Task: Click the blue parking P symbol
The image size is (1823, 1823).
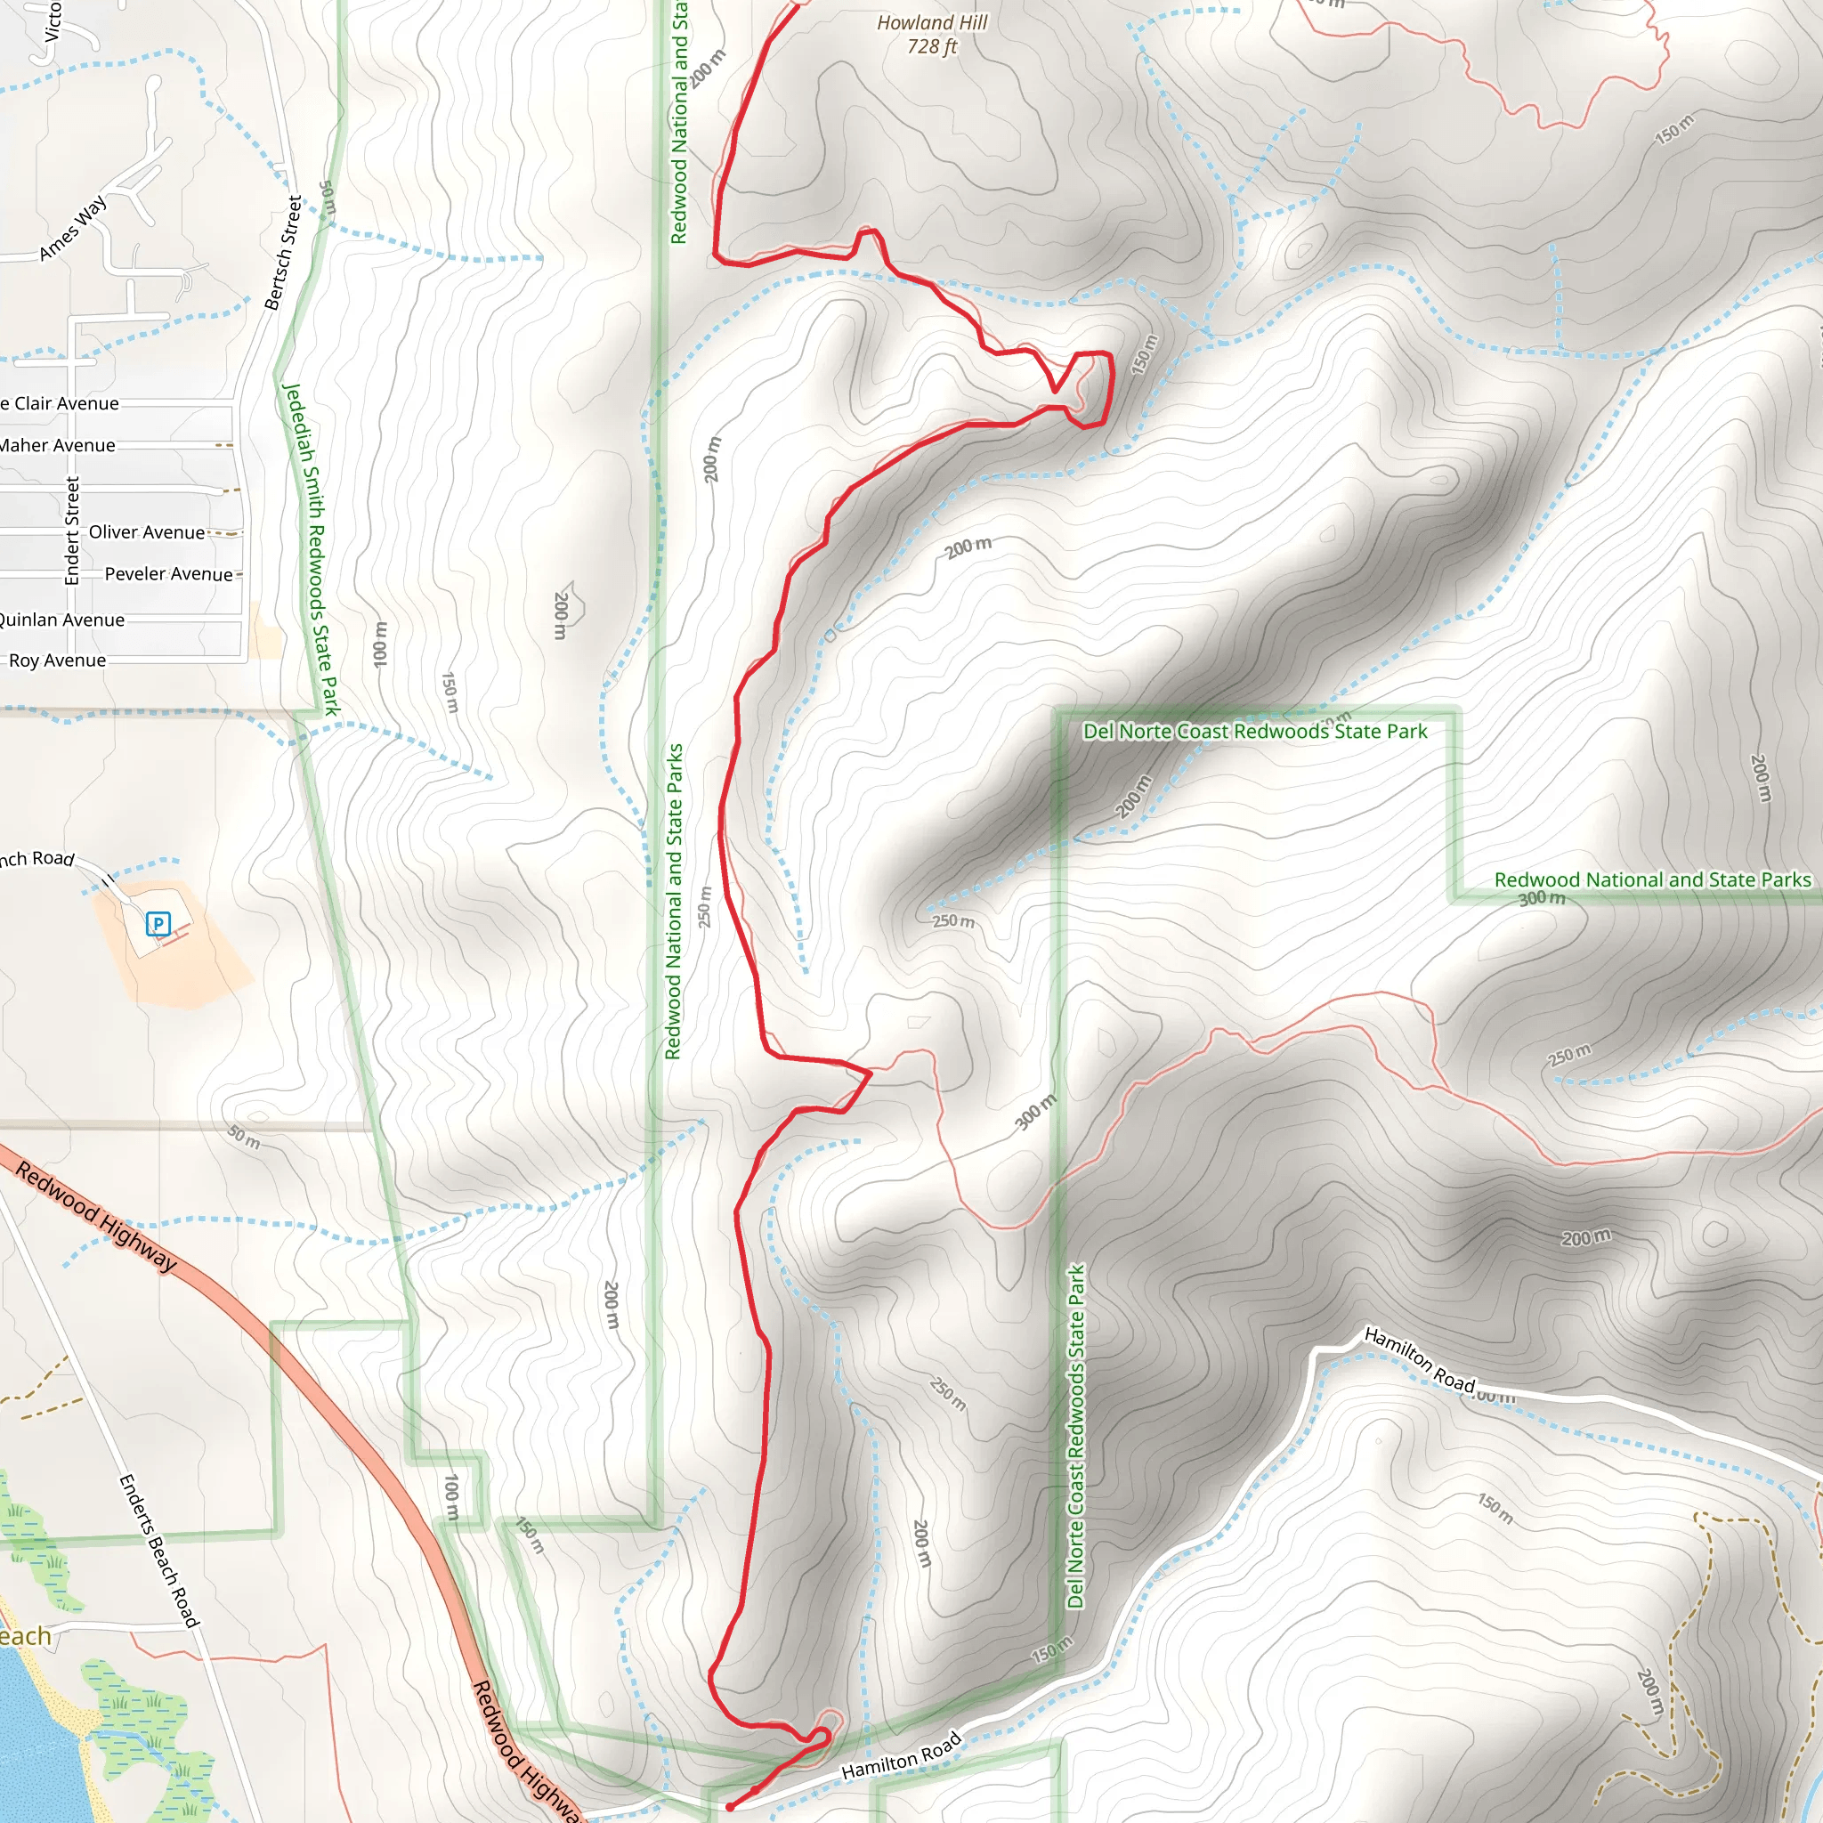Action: (x=158, y=924)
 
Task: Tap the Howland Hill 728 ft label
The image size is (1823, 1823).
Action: (x=931, y=35)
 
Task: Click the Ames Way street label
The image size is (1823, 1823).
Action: (x=73, y=230)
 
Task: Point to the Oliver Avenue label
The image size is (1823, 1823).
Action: (x=146, y=532)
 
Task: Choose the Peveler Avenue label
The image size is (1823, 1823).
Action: (x=168, y=574)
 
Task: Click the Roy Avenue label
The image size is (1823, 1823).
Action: (x=57, y=660)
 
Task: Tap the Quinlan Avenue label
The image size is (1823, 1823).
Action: (x=61, y=620)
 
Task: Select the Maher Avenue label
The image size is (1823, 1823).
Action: (x=57, y=445)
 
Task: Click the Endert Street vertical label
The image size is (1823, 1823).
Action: (x=73, y=531)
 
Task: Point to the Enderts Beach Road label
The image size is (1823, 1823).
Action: (x=158, y=1552)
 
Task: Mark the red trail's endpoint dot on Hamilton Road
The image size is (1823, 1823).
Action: (x=729, y=1807)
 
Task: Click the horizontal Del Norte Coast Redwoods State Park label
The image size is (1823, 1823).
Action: (x=1254, y=732)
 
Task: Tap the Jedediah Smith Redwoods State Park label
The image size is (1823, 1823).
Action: (x=311, y=549)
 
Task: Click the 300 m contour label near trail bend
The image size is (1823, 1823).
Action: (x=1035, y=1112)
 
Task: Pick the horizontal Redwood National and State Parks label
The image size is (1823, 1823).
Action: (x=1652, y=879)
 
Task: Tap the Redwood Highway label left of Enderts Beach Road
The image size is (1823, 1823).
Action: (x=96, y=1217)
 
